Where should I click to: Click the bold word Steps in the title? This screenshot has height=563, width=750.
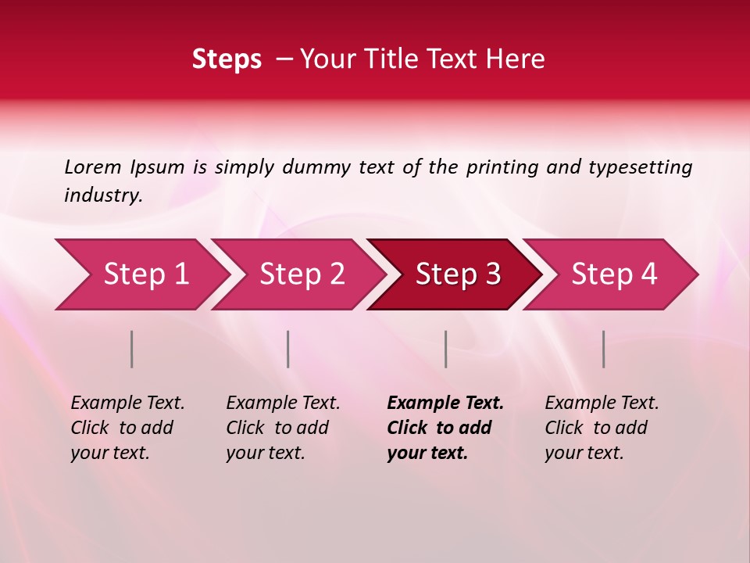click(227, 59)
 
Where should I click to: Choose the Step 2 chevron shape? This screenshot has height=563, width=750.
click(302, 274)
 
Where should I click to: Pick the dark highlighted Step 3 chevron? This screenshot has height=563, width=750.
click(458, 274)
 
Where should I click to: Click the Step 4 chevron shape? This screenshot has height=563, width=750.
click(614, 274)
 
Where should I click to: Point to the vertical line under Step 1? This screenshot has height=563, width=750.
click(132, 349)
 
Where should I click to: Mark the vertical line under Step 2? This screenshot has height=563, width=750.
click(288, 349)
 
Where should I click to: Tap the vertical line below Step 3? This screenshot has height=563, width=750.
click(445, 349)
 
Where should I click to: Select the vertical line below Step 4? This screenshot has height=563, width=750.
click(604, 349)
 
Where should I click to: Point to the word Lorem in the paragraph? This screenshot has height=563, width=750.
click(92, 167)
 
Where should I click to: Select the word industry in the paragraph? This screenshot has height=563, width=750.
click(102, 195)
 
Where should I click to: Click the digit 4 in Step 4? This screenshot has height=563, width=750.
click(649, 274)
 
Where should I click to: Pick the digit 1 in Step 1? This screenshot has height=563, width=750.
click(181, 274)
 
